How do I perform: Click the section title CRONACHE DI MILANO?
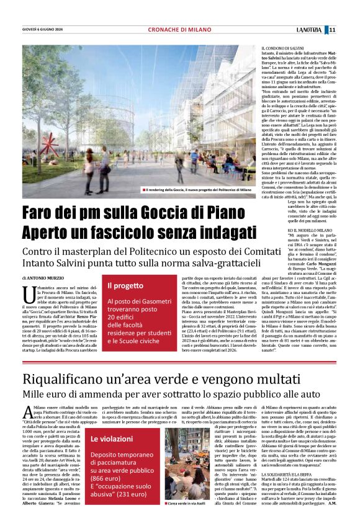click(x=179, y=30)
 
